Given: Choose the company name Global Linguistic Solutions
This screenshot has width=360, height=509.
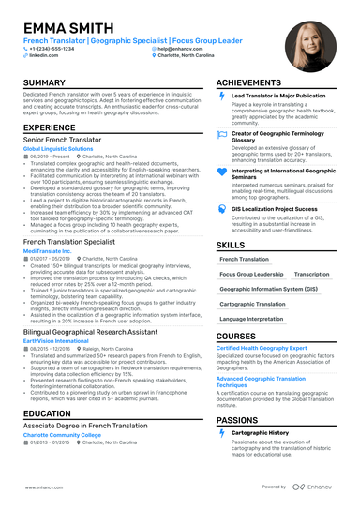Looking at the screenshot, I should pos(58,148).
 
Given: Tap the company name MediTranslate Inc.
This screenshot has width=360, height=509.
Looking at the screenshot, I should pos(48,250).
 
